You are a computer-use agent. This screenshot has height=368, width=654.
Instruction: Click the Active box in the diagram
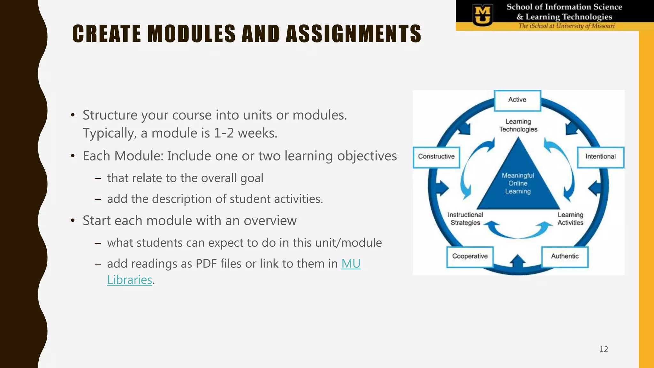[x=517, y=100]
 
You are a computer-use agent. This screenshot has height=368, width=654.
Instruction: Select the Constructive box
[x=436, y=157]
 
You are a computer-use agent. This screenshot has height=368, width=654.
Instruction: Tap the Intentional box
[x=600, y=157]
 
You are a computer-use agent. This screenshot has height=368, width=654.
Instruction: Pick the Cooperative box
[x=470, y=257]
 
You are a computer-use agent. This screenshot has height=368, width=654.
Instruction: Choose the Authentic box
[x=565, y=257]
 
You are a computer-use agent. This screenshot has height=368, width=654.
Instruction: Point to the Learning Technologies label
[x=518, y=126]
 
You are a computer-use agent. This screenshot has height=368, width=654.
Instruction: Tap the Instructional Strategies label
[x=465, y=219]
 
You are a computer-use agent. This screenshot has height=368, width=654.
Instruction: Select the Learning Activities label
[x=570, y=219]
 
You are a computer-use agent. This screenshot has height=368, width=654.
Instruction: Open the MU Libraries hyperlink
[x=351, y=264]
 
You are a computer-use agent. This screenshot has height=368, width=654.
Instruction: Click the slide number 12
[x=604, y=349]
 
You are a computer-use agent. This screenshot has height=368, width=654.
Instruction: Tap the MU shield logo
[x=483, y=15]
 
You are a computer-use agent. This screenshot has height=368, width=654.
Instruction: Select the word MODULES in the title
[x=191, y=34]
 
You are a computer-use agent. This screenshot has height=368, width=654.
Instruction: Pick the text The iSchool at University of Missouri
[x=566, y=26]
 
